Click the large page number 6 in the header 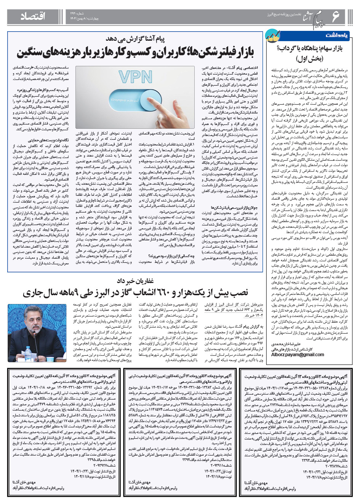tap(336, 16)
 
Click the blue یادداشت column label tap(336, 35)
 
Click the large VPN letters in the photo tap(135, 77)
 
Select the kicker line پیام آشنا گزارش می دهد tap(135, 39)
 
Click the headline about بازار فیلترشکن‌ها tap(135, 51)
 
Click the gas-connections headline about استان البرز tap(135, 293)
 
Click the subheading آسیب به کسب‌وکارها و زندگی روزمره tap(43, 91)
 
